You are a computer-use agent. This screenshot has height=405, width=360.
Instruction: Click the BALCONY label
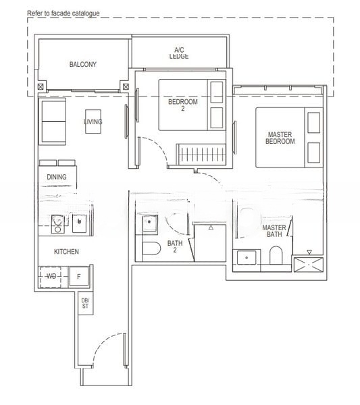pos(83,65)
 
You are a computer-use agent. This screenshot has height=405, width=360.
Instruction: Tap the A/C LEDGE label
pos(179,53)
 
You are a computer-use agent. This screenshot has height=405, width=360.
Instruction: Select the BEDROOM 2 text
pos(183,105)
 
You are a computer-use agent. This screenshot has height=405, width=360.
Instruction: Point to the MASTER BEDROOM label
pos(280,138)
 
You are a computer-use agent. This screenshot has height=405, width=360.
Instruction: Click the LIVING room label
pos(93,122)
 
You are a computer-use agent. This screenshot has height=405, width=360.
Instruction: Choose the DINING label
pos(57,177)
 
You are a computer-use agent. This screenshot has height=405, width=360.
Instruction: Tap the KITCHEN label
pos(67,251)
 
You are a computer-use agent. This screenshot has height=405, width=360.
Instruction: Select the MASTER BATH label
pos(274,232)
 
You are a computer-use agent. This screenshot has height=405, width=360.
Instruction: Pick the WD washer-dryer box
pos(52,276)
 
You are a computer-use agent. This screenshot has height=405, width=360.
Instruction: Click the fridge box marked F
pos(79,276)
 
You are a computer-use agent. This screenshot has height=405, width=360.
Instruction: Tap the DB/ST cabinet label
pos(85,303)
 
